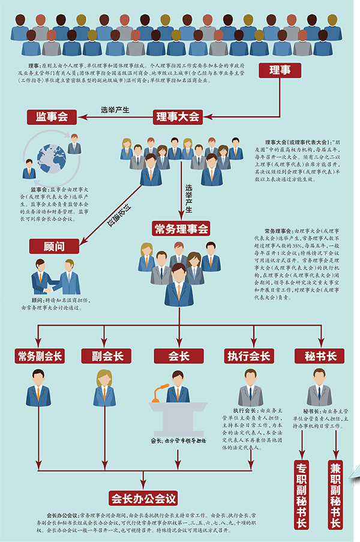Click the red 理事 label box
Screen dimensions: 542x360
pos(280,71)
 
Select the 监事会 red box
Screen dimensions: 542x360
pos(52,116)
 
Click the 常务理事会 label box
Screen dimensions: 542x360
pos(181,228)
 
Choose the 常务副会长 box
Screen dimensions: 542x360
pos(39,356)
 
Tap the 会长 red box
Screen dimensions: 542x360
pos(178,356)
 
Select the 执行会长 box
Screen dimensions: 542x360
pos(248,356)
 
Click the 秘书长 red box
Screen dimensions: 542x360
pos(320,356)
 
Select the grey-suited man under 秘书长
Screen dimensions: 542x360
pos(319,388)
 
